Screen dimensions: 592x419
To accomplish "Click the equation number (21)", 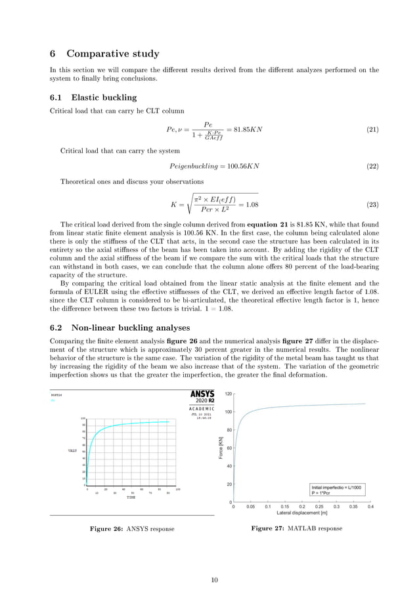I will (x=372, y=129).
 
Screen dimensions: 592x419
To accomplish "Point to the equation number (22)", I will (x=372, y=165).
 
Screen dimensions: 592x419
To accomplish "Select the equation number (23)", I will (x=372, y=205).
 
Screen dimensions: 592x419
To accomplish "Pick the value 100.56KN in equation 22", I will (x=243, y=165).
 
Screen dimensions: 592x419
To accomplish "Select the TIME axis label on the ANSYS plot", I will (x=131, y=498).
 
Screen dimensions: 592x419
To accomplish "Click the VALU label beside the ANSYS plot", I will (x=73, y=451).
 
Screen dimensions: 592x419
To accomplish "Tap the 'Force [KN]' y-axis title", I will (x=221, y=448).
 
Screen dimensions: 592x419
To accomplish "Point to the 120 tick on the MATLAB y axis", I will (x=229, y=394).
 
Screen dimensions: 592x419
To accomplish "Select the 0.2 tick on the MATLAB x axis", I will (x=301, y=507).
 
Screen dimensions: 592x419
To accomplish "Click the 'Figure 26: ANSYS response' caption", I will (x=132, y=529).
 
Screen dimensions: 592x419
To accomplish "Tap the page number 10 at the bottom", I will (x=213, y=580).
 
